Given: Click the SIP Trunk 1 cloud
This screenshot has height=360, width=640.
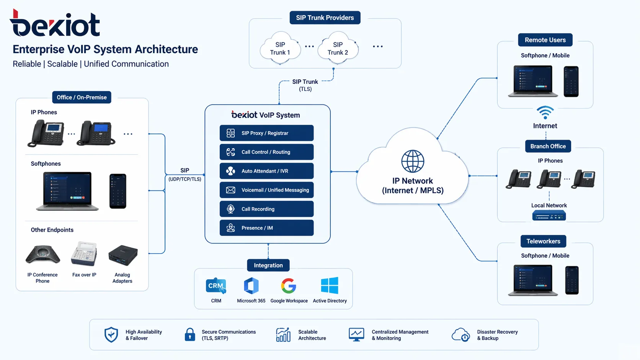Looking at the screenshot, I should (280, 49).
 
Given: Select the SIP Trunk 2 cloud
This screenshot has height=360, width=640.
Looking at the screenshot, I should (338, 49).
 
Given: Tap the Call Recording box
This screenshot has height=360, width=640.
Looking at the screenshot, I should (266, 209).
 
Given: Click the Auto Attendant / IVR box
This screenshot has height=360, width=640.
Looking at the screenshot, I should (266, 171).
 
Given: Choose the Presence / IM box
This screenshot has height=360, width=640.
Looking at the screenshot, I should (266, 228).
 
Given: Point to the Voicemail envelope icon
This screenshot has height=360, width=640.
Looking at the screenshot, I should (230, 190).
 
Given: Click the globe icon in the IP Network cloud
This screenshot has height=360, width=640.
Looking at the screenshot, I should (412, 161).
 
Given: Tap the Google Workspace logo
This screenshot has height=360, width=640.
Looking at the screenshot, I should (289, 286).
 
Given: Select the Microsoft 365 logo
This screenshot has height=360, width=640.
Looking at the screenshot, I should (251, 286).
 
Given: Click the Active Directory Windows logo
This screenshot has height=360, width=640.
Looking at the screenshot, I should (330, 285).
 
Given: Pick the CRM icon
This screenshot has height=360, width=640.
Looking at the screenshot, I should (216, 286).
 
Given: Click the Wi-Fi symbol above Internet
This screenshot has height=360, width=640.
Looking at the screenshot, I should (545, 112).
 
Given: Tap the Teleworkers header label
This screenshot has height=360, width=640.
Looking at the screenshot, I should (543, 241).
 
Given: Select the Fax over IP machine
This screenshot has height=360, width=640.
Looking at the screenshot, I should (84, 254).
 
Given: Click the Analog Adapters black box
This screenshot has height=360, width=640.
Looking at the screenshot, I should (123, 255).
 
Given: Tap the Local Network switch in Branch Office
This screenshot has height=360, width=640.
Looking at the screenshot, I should (549, 216).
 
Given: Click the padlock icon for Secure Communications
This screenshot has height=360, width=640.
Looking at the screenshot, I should (190, 335).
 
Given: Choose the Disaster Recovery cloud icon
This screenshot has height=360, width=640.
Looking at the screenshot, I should (460, 335).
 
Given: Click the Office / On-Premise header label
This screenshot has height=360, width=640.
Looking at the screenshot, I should (82, 98).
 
